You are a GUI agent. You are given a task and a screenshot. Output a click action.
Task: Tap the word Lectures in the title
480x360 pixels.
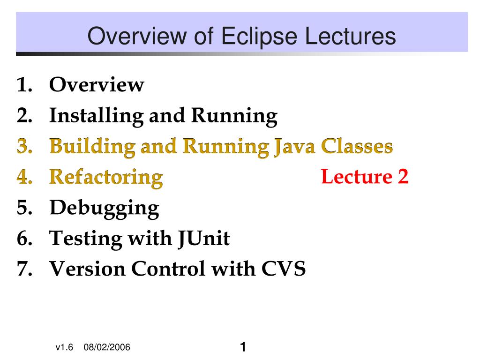click(x=350, y=36)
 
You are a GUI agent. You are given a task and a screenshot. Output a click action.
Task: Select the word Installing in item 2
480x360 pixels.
click(x=96, y=116)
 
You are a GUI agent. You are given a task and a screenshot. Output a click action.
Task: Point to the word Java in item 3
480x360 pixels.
click(x=294, y=147)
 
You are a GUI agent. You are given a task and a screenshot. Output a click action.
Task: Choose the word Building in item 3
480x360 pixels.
click(x=92, y=147)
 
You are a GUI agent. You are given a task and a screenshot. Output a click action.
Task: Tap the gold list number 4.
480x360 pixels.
click(x=24, y=177)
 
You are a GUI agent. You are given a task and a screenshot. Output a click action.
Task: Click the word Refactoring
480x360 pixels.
click(x=106, y=178)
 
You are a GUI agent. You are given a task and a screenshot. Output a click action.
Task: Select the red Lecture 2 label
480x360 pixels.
click(x=365, y=177)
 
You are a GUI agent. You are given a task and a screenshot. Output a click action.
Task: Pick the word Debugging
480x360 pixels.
click(x=105, y=209)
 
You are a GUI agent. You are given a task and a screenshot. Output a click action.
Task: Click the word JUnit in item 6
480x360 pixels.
click(x=204, y=239)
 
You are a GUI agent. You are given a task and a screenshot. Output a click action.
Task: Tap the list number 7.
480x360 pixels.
click(x=24, y=269)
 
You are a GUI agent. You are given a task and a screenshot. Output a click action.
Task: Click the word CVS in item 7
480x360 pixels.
click(x=283, y=269)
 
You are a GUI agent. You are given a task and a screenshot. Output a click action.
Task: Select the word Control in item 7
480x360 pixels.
click(x=168, y=269)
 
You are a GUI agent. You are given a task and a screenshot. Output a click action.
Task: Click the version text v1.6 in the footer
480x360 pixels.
click(x=64, y=347)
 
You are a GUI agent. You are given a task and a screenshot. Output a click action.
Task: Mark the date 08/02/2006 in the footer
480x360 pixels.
click(x=107, y=347)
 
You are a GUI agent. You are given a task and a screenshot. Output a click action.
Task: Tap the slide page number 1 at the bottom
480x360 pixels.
click(x=243, y=347)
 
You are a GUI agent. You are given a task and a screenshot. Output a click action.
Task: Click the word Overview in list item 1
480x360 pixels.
click(x=97, y=85)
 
